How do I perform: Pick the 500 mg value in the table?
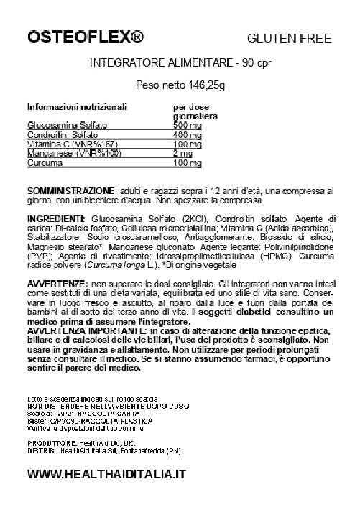[167, 126]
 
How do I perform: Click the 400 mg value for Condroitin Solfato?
[167, 136]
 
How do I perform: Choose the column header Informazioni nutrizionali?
[77, 106]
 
